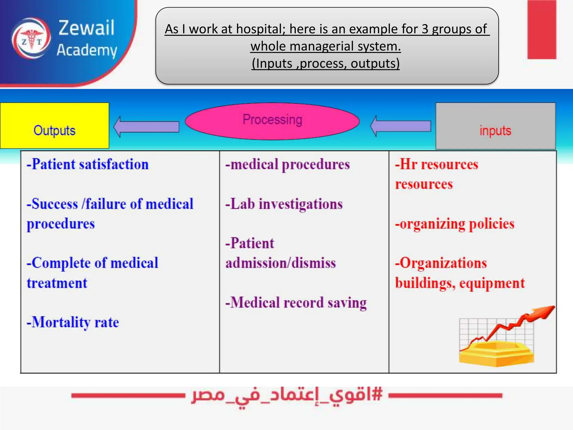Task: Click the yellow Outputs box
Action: [x=55, y=126]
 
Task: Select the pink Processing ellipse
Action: [x=272, y=121]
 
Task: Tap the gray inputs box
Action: [x=495, y=126]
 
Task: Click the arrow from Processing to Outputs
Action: [x=146, y=127]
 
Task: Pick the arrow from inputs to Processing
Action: [x=400, y=126]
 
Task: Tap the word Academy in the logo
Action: [x=87, y=50]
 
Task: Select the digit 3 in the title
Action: [x=425, y=29]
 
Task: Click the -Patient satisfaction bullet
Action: [x=88, y=164]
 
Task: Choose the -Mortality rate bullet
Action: [x=73, y=322]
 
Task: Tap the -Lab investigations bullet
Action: [x=284, y=204]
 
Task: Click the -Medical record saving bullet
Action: [x=296, y=303]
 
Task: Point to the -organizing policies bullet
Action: [x=455, y=224]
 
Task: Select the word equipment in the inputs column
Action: [x=492, y=283]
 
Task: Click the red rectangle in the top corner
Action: [x=542, y=29]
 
